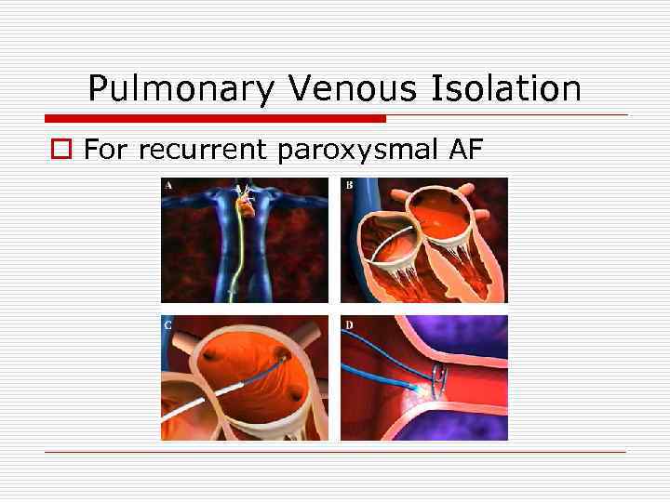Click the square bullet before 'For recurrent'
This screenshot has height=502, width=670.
pyautogui.click(x=60, y=149)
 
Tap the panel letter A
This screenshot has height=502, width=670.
pyautogui.click(x=168, y=185)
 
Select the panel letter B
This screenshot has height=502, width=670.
pyautogui.click(x=348, y=185)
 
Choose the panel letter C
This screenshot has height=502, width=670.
pyautogui.click(x=167, y=324)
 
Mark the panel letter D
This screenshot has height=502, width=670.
pyautogui.click(x=348, y=324)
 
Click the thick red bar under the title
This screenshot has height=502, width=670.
pyautogui.click(x=215, y=118)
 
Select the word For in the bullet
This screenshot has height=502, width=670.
pyautogui.click(x=102, y=149)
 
